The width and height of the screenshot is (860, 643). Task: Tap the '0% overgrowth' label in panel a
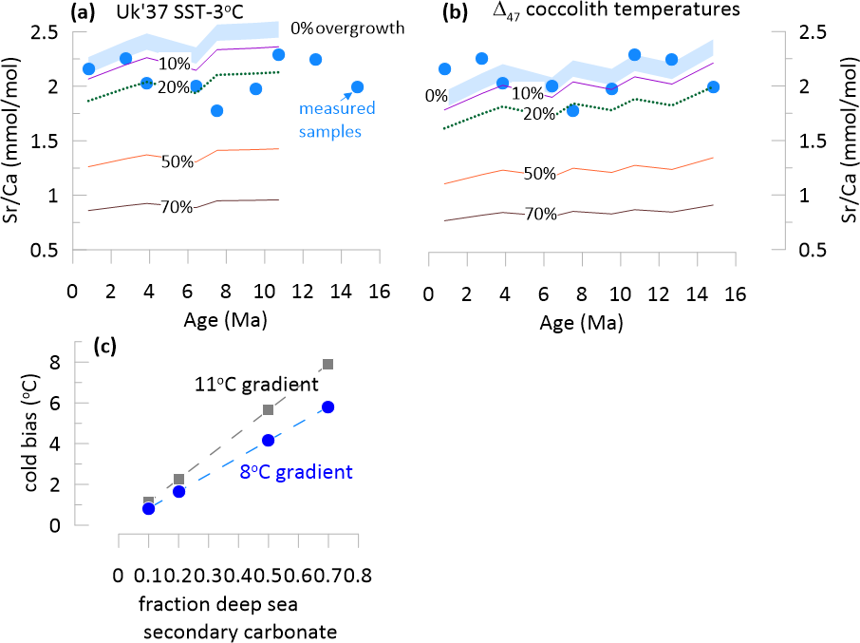click(x=348, y=28)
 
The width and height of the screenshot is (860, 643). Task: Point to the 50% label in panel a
click(x=178, y=161)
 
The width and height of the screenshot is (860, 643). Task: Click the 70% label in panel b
click(x=540, y=215)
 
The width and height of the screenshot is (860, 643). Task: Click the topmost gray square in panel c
click(x=328, y=364)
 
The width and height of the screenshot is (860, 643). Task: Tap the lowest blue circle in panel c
click(x=149, y=509)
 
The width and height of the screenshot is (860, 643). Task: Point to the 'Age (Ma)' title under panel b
click(x=580, y=321)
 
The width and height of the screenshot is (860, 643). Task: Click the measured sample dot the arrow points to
click(x=358, y=86)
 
